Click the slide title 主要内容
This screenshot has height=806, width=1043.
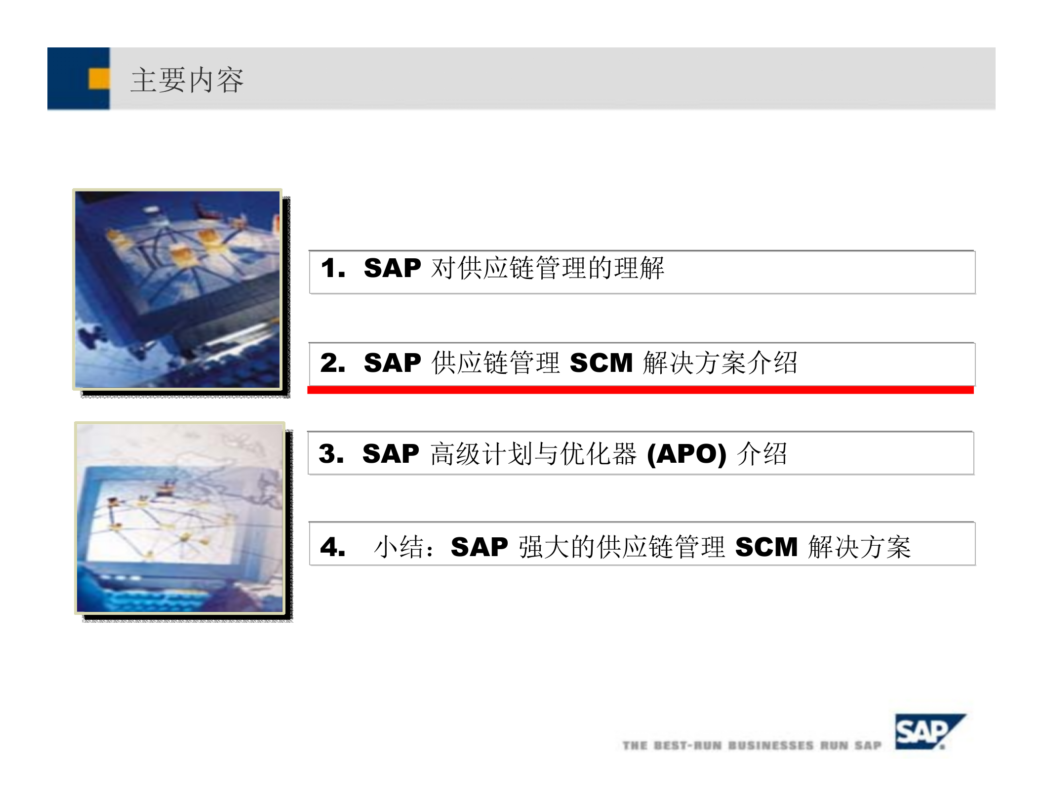pos(187,80)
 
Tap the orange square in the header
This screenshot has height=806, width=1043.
pos(99,79)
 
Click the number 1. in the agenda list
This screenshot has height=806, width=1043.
pos(332,269)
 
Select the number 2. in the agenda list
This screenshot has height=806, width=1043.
pos(332,363)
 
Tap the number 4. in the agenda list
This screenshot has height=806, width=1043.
pos(332,547)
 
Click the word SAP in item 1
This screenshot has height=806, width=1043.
pos(392,269)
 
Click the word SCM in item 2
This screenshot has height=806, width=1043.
pos(601,363)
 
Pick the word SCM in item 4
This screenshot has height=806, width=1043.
pos(766,547)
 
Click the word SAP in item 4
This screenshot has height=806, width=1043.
pos(479,547)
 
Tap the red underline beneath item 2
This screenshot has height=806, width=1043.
pos(640,390)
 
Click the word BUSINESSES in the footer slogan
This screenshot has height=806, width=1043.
pos(770,745)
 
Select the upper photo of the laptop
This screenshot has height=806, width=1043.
pos(178,289)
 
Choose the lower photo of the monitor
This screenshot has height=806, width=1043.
pos(180,519)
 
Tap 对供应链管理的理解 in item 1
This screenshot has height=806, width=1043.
pos(547,269)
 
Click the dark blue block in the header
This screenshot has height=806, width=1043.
pos(69,79)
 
